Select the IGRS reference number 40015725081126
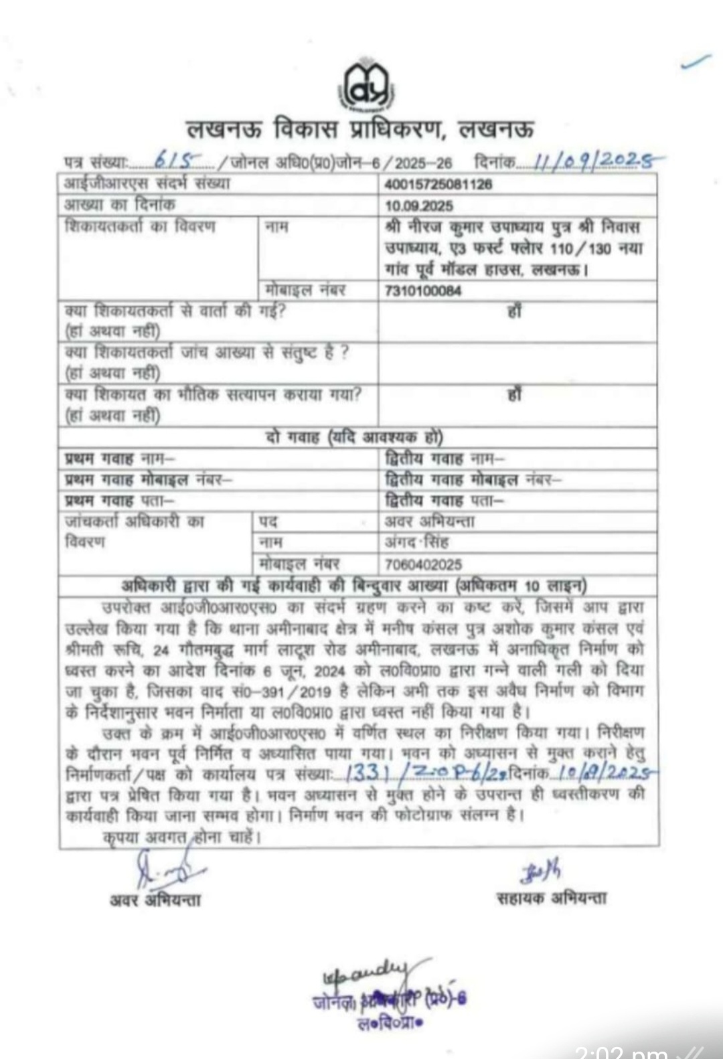coord(438,183)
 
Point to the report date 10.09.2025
coord(419,206)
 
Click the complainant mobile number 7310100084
coord(423,291)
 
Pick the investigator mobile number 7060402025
coord(423,564)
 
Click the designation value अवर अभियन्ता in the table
coord(429,521)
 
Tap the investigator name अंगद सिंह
coord(416,542)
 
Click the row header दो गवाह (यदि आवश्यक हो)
coord(354,438)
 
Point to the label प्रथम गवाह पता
coord(119,501)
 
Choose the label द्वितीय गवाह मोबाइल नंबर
coord(473,480)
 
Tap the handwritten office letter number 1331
coord(368,774)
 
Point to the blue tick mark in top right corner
coord(696,62)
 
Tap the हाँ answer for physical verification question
coord(514,395)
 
